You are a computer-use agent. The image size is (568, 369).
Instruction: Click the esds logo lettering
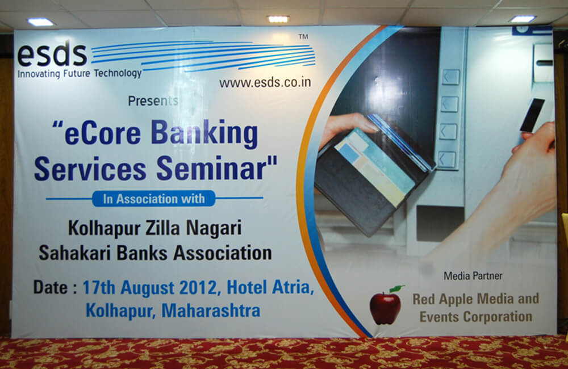click(x=52, y=54)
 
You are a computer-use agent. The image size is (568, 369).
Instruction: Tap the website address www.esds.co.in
click(x=265, y=82)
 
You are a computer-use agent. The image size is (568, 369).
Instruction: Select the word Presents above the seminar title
click(x=153, y=101)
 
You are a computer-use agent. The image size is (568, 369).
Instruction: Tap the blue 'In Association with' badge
click(x=153, y=199)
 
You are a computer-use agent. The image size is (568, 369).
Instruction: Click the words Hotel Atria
click(x=270, y=287)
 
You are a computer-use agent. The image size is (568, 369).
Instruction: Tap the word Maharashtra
click(x=211, y=311)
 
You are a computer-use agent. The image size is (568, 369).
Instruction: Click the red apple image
click(x=386, y=308)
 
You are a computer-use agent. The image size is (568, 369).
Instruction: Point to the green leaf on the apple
click(x=397, y=288)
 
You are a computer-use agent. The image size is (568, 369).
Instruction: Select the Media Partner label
click(x=473, y=276)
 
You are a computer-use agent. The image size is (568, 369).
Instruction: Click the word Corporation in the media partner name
click(x=498, y=317)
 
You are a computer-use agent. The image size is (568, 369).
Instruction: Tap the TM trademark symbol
click(x=303, y=36)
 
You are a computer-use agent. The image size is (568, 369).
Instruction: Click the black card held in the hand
click(x=532, y=115)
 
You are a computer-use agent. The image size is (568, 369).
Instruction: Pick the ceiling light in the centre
click(x=278, y=19)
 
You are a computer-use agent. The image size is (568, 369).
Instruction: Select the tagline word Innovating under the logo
click(x=39, y=74)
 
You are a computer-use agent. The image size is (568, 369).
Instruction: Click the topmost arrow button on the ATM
click(x=450, y=77)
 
